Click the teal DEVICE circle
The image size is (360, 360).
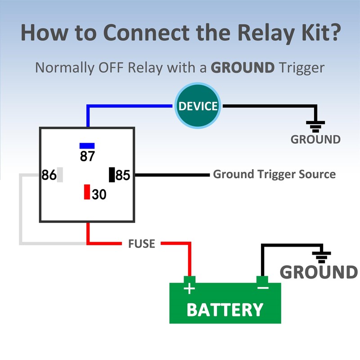198,106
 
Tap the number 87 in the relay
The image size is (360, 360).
87,156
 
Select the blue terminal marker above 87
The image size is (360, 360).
87,145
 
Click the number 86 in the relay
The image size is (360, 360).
49,175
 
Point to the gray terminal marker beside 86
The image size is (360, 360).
60,175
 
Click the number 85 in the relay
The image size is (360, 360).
123,175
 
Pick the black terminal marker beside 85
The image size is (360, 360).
112,175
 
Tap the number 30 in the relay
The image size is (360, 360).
99,194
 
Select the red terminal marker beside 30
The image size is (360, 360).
87,192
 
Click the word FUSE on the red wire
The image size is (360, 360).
141,244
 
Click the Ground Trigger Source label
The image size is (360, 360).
274,174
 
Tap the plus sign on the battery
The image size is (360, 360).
190,288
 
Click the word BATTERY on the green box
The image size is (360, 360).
225,310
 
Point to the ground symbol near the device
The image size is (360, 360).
315,125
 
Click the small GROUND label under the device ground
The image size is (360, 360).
315,139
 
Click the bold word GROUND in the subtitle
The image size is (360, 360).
243,68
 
